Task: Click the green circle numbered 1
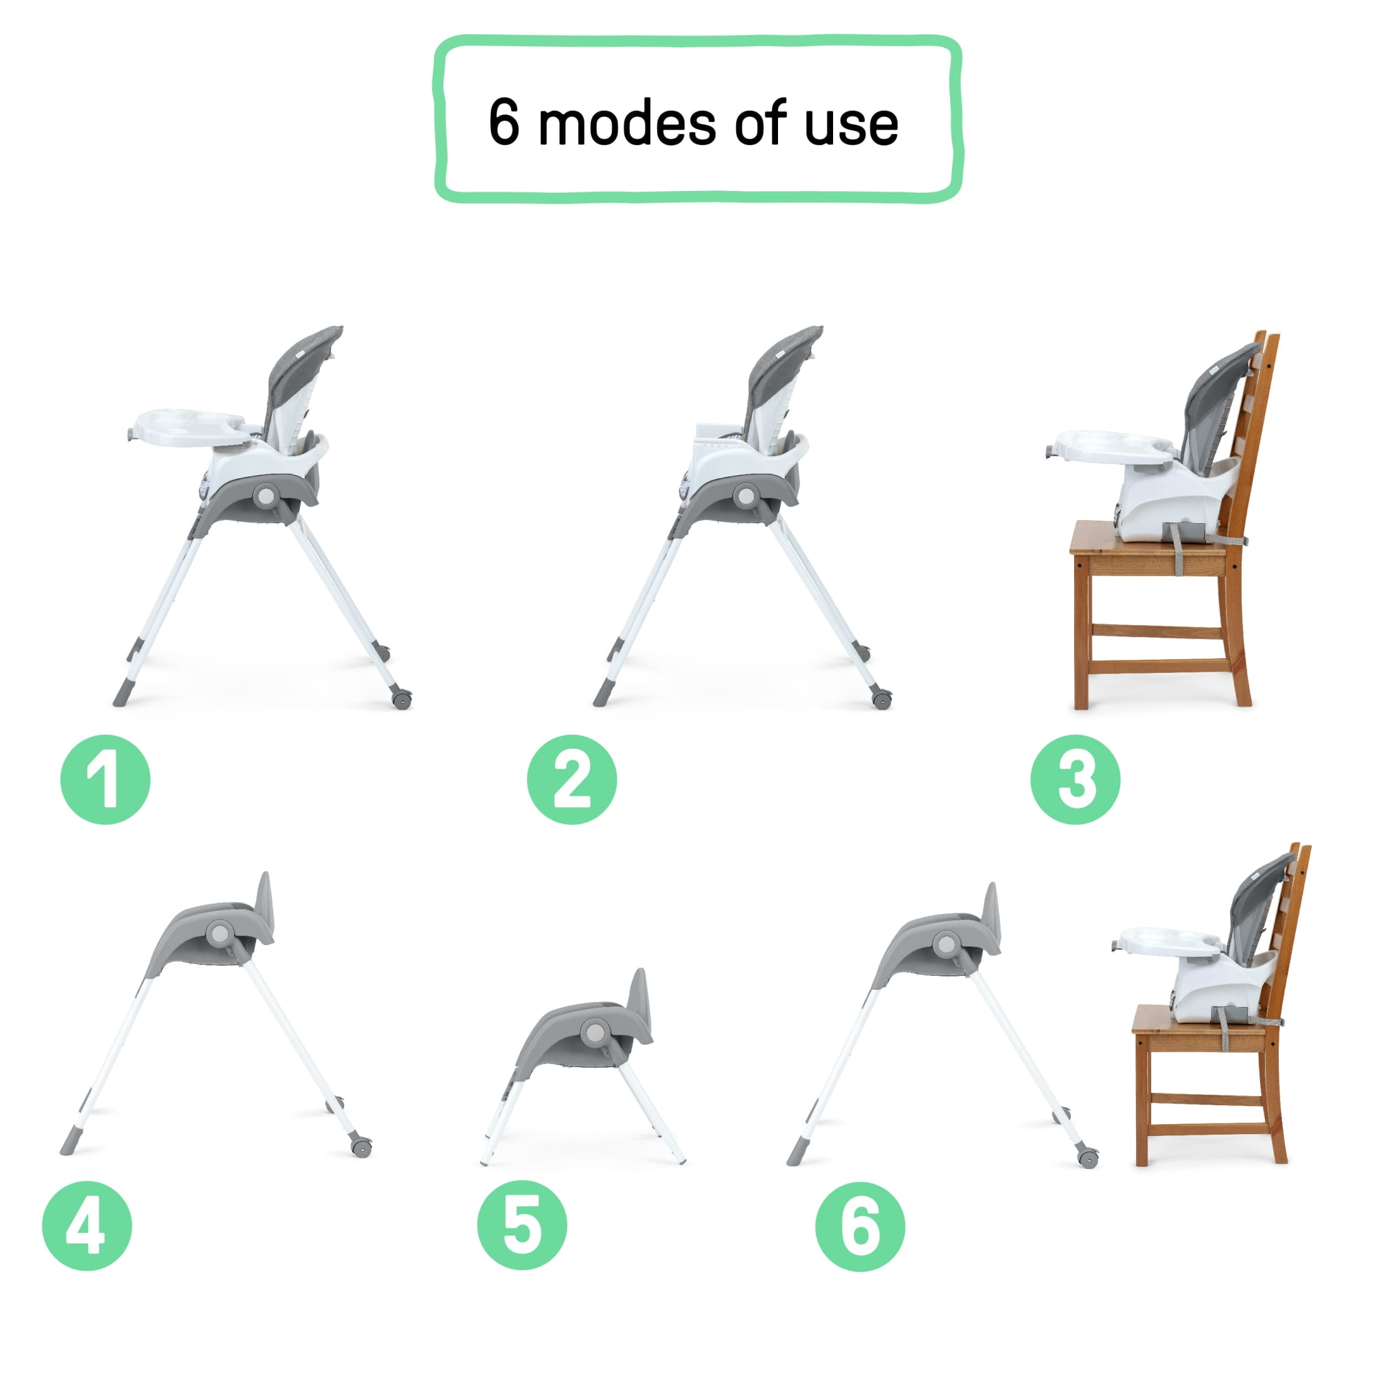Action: pos(106,780)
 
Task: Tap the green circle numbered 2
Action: pos(571,780)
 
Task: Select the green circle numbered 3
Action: pos(1075,780)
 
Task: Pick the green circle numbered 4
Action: pos(87,1226)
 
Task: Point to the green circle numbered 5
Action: pos(522,1226)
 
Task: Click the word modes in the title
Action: pos(628,124)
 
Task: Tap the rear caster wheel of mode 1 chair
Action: pos(401,700)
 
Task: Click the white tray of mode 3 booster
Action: pos(1112,446)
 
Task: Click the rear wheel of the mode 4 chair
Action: pos(361,1147)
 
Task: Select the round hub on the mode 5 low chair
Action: pos(593,1031)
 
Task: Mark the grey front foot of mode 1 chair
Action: pos(122,692)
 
